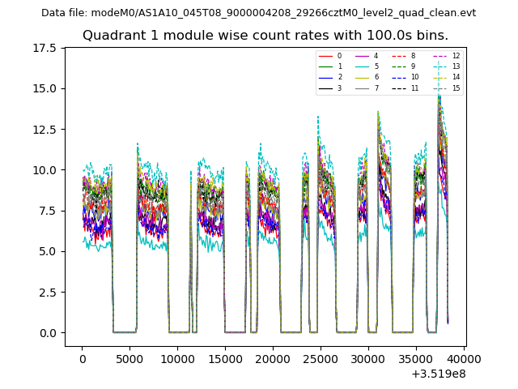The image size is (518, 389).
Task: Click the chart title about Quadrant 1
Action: [x=265, y=36]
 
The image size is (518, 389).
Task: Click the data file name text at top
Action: [x=258, y=13]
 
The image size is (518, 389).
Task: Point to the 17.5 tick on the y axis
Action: [x=49, y=48]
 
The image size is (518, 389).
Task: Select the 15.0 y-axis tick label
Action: [x=49, y=88]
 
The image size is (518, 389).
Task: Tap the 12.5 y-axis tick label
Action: [x=49, y=130]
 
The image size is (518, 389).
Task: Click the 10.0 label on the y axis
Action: [x=49, y=170]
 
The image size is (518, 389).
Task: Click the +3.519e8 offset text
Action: [x=438, y=374]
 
